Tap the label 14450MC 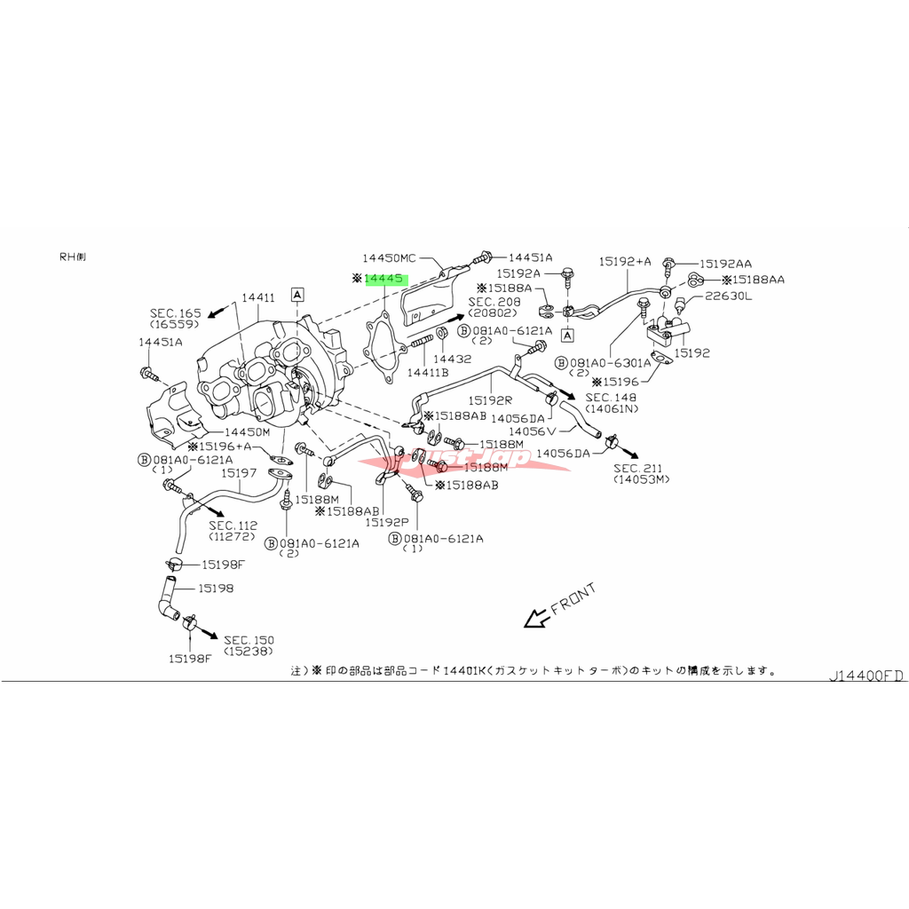[388, 258]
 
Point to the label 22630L [728, 296]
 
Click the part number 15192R [491, 400]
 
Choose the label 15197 [240, 473]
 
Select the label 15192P [386, 522]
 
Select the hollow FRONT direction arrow [535, 618]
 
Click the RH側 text [73, 257]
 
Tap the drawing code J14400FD [866, 676]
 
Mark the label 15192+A [625, 261]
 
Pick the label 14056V [533, 431]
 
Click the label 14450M [247, 431]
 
